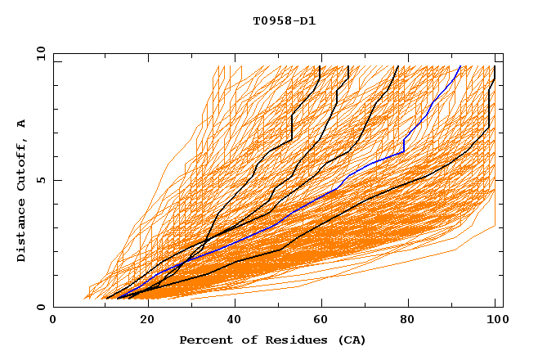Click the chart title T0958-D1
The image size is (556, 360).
click(284, 20)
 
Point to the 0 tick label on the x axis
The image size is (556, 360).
click(53, 320)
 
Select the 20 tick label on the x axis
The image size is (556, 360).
click(142, 320)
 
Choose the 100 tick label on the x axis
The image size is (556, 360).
click(495, 320)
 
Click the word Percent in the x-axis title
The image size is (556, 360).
click(205, 340)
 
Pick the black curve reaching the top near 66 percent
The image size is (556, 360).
click(332, 106)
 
